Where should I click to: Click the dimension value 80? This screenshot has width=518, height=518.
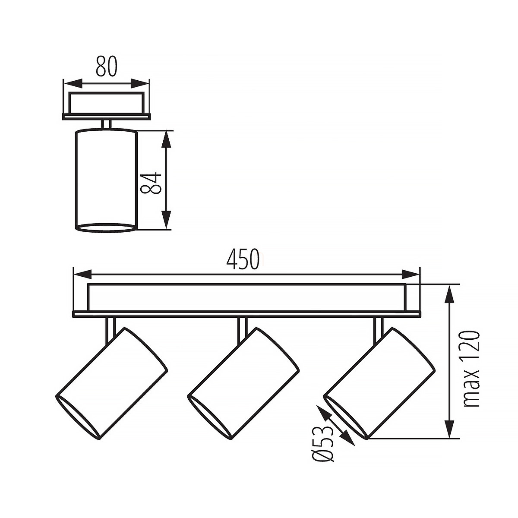click(x=107, y=66)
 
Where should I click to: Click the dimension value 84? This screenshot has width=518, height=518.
click(x=152, y=183)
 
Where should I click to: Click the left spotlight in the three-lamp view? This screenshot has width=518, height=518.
click(x=111, y=385)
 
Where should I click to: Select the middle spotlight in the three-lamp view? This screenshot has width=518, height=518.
click(x=243, y=385)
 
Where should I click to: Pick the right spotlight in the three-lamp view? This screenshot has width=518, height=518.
click(x=379, y=385)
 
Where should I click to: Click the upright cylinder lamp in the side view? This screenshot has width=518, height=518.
click(x=107, y=180)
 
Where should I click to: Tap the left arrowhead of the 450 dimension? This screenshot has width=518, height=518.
click(x=82, y=275)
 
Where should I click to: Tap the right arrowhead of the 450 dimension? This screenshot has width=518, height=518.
click(x=411, y=275)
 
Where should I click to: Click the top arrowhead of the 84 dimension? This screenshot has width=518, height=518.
click(x=167, y=139)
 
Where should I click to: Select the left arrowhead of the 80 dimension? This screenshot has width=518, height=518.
click(x=73, y=83)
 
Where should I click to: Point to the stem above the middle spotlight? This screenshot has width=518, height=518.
click(x=242, y=331)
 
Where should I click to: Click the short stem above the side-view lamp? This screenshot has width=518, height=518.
click(x=107, y=125)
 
